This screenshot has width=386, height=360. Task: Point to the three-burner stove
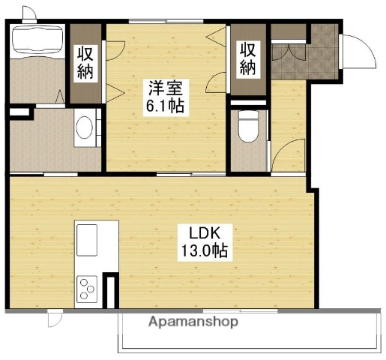(x=88, y=287)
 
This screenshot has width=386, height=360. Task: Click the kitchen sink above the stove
(x=88, y=239)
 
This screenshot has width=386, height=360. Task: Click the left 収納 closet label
(x=85, y=63)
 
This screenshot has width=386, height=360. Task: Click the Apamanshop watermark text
(x=193, y=322)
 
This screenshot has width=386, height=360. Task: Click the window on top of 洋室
(x=165, y=21)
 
